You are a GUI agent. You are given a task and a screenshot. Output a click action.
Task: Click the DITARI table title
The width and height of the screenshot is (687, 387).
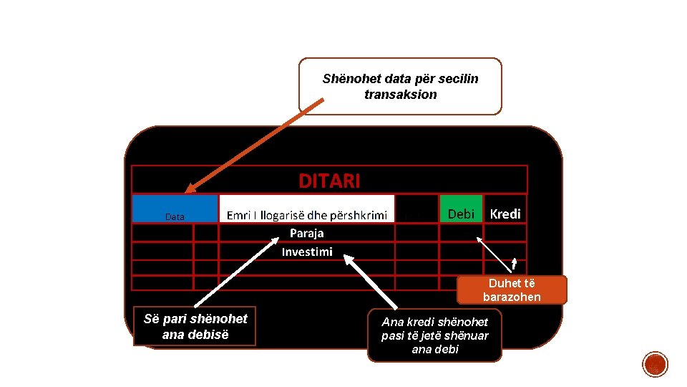coord(329,181)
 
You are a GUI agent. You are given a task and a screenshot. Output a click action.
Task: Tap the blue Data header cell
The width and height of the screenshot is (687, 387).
coord(175,209)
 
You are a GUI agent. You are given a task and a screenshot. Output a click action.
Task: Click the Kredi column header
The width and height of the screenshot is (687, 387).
coord(505,214)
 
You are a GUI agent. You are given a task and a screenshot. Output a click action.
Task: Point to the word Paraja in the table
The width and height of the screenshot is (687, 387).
coord(306,233)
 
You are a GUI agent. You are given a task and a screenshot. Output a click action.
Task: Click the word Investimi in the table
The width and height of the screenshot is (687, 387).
coord(306,252)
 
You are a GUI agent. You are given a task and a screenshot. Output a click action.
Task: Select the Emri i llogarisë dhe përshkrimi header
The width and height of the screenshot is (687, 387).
coord(306,214)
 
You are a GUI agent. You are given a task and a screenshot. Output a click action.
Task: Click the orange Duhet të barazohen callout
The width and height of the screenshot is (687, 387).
coord(512,290)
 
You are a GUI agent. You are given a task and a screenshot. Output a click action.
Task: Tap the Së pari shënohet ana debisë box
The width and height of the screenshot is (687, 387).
coord(195,326)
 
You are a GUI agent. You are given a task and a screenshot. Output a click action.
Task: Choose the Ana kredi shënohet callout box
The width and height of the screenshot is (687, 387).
coord(434,335)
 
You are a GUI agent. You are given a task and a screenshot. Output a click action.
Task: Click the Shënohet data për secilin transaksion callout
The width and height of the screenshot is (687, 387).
coord(400,87)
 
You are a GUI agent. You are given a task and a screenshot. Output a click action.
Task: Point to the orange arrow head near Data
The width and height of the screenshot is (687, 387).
coord(187,190)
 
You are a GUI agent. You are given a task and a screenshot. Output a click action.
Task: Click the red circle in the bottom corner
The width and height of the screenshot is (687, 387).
coord(656,364)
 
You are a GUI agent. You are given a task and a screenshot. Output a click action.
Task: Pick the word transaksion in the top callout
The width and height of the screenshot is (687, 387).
coord(400,95)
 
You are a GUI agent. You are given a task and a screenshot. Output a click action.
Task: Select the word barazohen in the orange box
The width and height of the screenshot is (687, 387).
coord(512,297)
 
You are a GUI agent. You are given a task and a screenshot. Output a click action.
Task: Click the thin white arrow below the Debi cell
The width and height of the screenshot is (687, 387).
coord(496,254)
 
